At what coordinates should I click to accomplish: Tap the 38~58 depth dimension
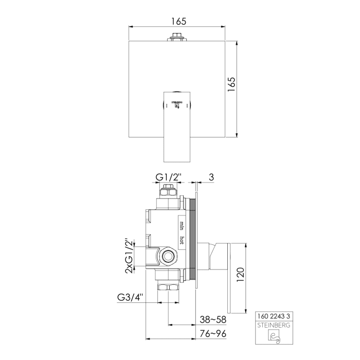click(212, 319)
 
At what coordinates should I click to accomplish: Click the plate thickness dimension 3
click(211, 177)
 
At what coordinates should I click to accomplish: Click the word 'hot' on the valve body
click(182, 240)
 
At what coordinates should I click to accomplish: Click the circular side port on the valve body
click(167, 256)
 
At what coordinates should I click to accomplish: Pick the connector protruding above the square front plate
click(176, 37)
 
